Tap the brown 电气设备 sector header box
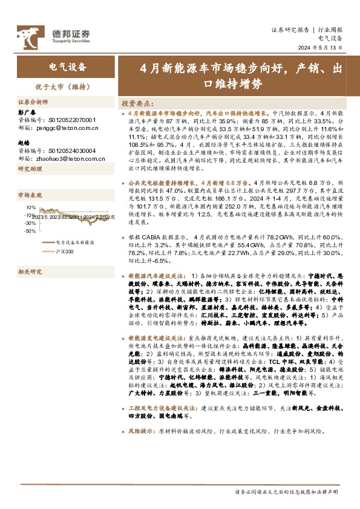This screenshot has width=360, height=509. pos(67,66)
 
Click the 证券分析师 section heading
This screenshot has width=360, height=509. pos(31,102)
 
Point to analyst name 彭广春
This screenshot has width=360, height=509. pos(27,113)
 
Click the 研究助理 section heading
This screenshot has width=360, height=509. pos(29,170)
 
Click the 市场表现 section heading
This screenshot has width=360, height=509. pos(29,195)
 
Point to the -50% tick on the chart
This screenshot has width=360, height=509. pos(28,231)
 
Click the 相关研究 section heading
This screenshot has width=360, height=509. pos(29,272)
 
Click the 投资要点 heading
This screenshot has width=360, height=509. pos(138,103)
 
